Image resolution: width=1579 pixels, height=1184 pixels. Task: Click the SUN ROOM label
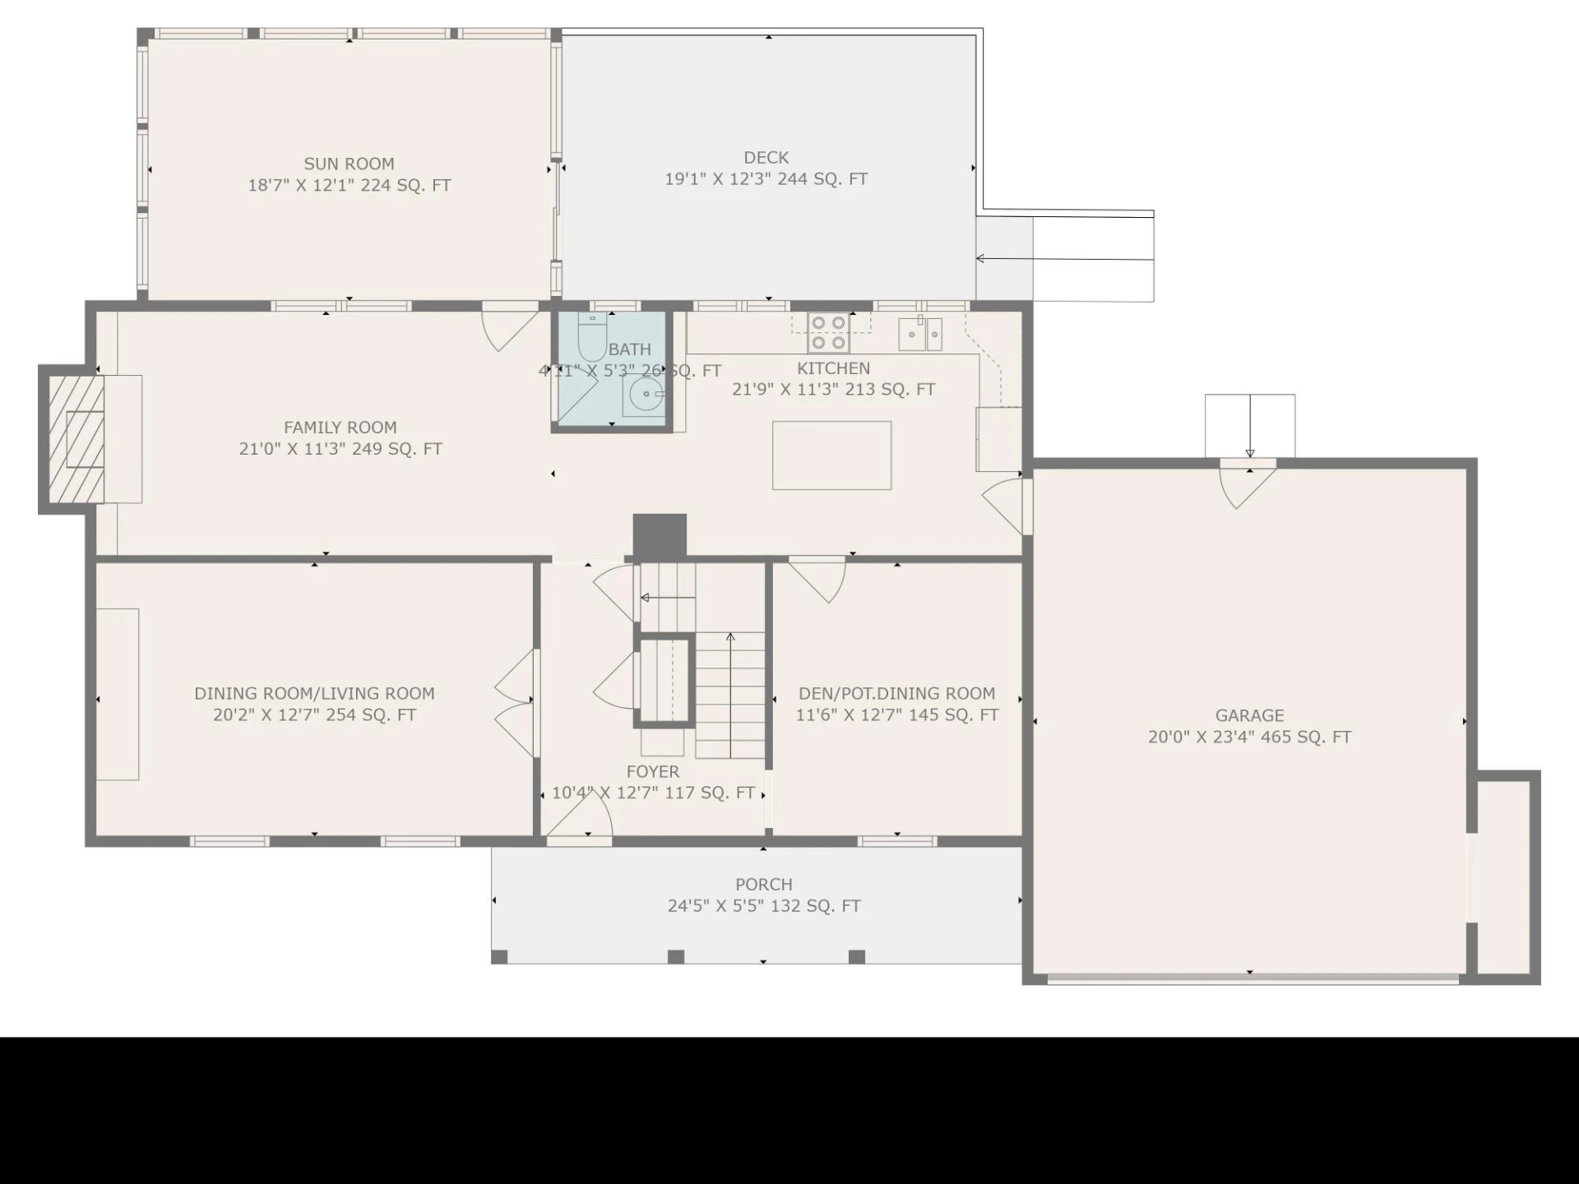pos(350,164)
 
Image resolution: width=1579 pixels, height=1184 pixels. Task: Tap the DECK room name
pos(766,157)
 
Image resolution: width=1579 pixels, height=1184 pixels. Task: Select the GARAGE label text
pos(1249,715)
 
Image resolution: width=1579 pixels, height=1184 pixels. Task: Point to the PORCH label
pos(764,884)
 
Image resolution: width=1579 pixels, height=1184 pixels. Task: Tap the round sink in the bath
pos(645,395)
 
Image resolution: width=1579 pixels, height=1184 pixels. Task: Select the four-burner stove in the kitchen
pos(828,332)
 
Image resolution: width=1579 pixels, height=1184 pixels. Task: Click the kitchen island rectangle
pos(831,456)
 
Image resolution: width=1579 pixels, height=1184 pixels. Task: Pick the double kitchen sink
pos(920,334)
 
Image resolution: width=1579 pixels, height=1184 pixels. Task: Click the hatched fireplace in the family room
pos(76,439)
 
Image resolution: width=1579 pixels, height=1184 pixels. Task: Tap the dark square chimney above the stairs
pos(660,536)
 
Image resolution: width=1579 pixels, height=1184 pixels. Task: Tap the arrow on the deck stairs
pos(1065,259)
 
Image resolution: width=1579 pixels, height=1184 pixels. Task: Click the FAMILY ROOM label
pos(340,428)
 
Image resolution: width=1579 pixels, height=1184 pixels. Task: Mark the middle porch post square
pos(676,956)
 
